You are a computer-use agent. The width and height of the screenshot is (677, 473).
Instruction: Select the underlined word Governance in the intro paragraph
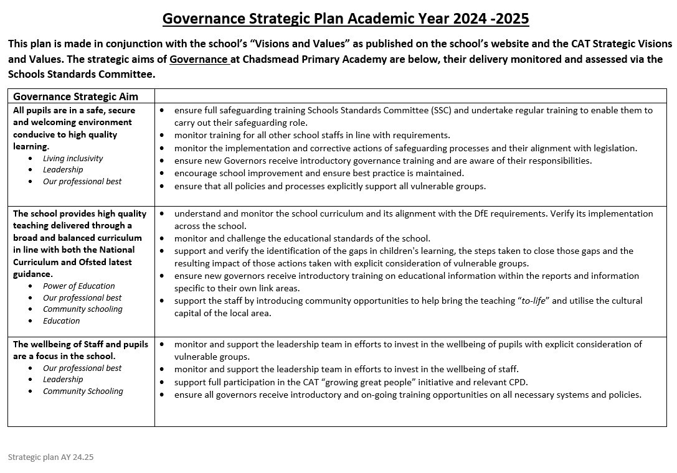(x=198, y=59)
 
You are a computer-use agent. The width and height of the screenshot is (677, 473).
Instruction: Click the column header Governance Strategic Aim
(x=75, y=96)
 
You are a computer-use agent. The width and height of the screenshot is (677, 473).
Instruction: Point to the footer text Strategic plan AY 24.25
(x=50, y=457)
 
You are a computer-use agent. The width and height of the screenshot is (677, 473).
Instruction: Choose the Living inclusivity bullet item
(x=73, y=158)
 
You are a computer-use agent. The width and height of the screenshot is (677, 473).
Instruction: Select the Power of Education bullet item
(x=78, y=286)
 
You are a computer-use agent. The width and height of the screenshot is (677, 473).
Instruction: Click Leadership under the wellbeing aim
(x=63, y=379)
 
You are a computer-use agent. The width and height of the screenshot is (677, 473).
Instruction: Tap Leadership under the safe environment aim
(x=63, y=169)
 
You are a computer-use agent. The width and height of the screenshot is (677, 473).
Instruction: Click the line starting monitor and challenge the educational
(x=302, y=238)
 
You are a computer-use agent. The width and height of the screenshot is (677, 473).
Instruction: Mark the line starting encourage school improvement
(x=319, y=173)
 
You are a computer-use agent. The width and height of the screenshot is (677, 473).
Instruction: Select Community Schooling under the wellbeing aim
(x=83, y=391)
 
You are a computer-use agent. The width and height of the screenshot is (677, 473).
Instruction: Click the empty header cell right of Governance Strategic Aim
(x=410, y=96)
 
